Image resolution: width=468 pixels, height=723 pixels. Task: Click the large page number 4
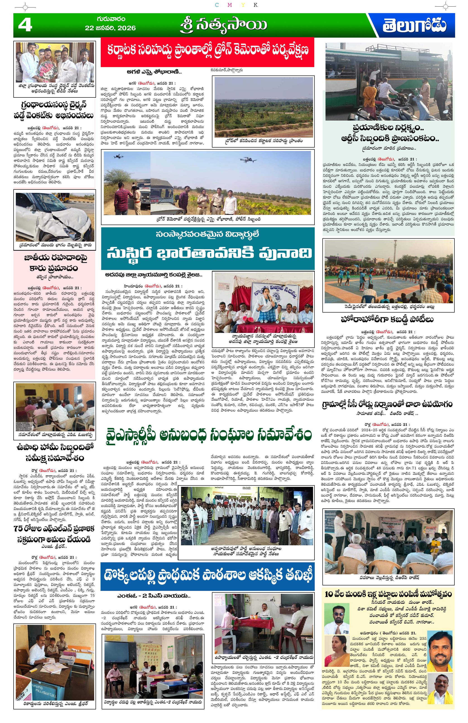[x=25, y=25]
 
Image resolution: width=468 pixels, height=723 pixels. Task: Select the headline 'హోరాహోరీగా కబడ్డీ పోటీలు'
[x=387, y=320]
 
